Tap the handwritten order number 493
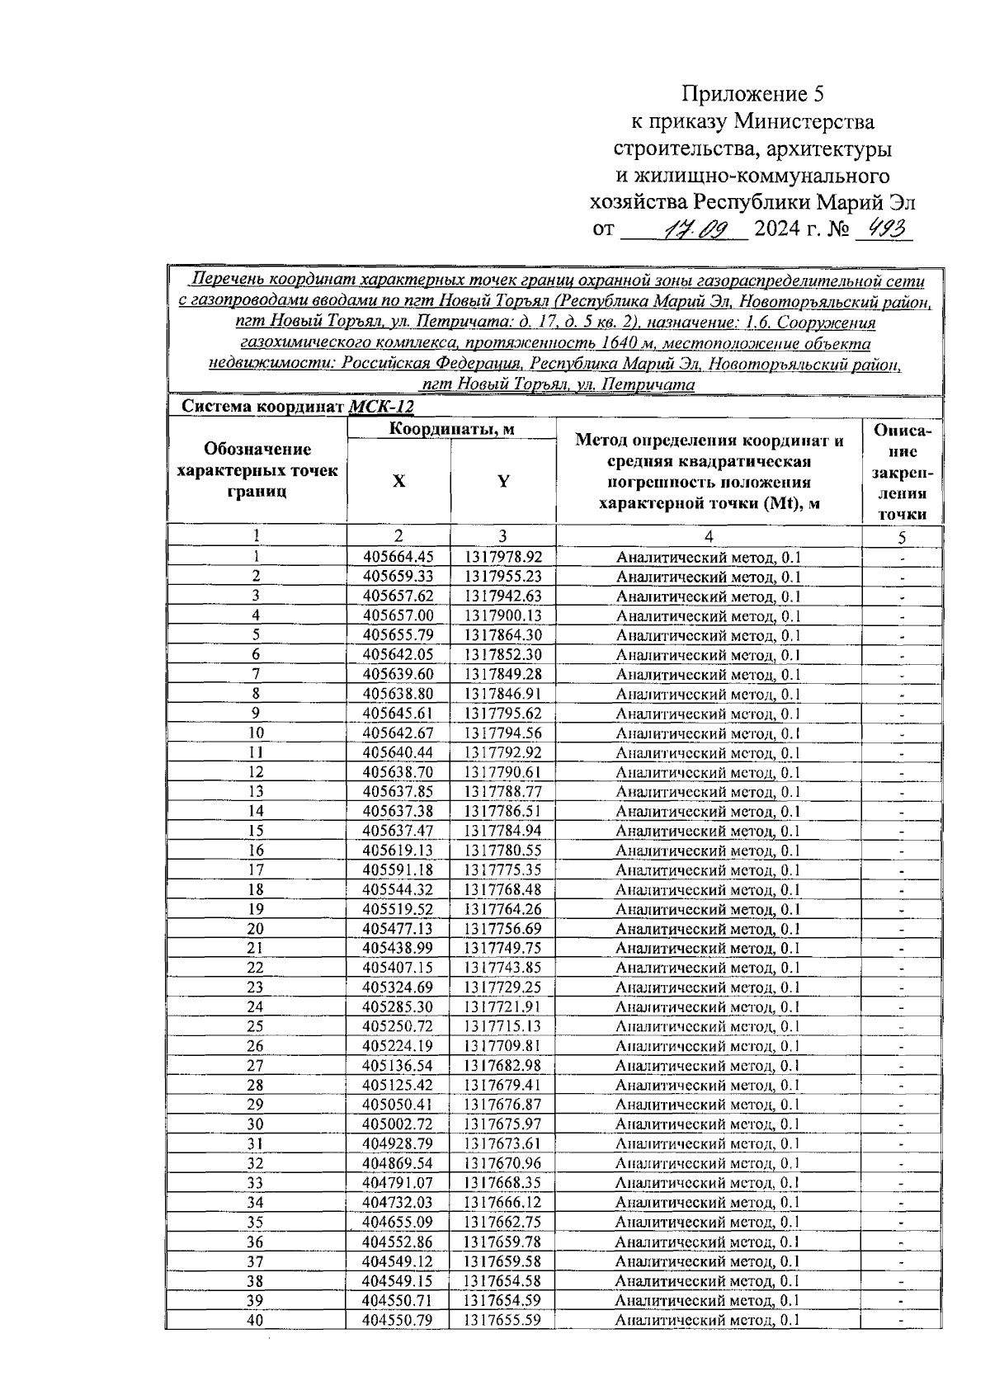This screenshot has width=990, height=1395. click(x=884, y=227)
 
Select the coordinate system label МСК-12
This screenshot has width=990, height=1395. click(x=381, y=407)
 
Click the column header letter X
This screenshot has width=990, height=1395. click(x=398, y=482)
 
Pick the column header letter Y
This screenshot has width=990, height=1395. click(x=502, y=482)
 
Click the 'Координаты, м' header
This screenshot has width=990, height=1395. click(x=451, y=429)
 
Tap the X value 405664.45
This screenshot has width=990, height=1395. click(x=398, y=558)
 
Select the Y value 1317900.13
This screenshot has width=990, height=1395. click(x=502, y=615)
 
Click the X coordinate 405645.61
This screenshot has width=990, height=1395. click(x=398, y=714)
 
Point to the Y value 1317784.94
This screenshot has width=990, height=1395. click(x=502, y=831)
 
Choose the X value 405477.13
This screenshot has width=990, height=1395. click(x=398, y=929)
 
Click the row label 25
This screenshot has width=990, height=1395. click(x=256, y=1026)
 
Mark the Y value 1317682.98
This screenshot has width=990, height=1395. click(x=502, y=1066)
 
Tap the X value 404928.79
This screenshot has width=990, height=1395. click(x=398, y=1143)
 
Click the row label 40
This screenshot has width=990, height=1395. click(x=256, y=1320)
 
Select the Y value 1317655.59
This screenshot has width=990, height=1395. click(x=502, y=1320)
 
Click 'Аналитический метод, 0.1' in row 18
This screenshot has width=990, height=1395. click(x=708, y=890)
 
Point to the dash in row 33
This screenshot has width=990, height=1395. click(x=902, y=1184)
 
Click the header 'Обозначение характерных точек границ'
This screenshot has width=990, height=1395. click(x=257, y=470)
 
